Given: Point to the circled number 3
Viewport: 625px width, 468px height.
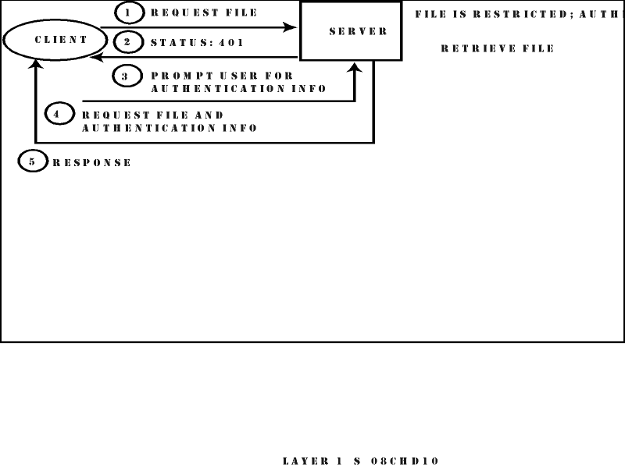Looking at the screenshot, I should tap(126, 76).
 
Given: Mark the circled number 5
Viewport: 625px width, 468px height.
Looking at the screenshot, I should tap(32, 162).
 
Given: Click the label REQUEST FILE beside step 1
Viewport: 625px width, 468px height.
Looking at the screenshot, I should tap(204, 13).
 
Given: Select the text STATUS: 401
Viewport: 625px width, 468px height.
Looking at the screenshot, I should tap(197, 43).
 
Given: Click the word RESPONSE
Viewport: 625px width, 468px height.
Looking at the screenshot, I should tap(92, 163).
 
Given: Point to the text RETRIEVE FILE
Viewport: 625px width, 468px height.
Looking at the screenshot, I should tap(498, 48).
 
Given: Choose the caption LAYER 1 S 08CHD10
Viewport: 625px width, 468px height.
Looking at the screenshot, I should tap(361, 461).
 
